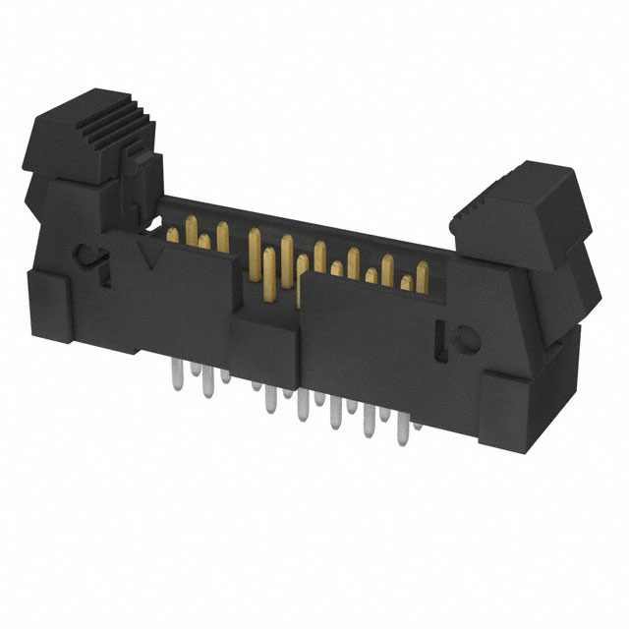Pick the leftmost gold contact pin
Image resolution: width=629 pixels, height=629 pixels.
pyautogui.click(x=174, y=234)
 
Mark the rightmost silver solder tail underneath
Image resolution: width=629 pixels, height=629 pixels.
pyautogui.click(x=418, y=423)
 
